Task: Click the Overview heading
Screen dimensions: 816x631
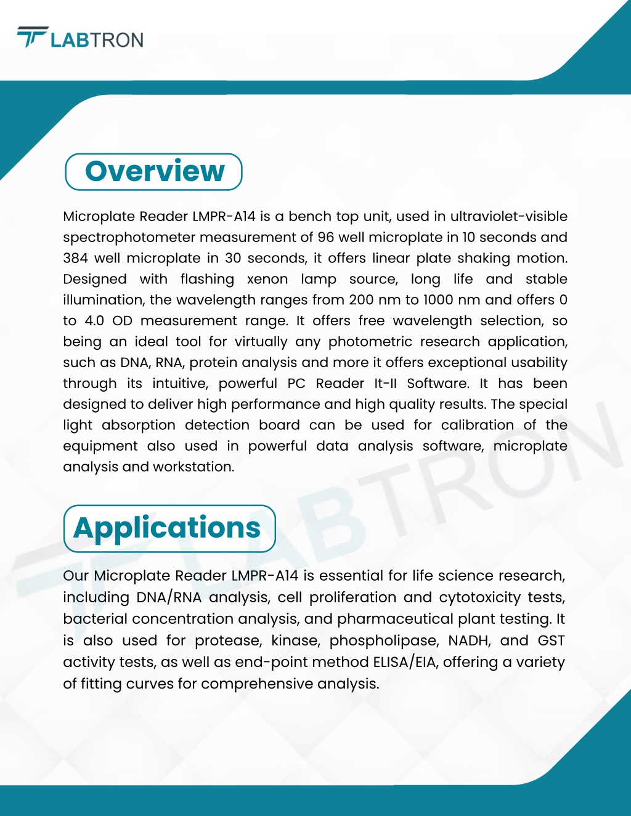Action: click(154, 171)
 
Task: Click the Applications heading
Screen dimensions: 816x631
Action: click(167, 528)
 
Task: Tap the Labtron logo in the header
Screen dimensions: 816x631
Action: click(80, 39)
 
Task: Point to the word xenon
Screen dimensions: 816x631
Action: click(267, 280)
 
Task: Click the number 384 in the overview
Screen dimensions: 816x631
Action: click(76, 259)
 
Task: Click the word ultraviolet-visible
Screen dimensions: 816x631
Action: click(508, 217)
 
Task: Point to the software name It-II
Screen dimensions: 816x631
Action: click(386, 384)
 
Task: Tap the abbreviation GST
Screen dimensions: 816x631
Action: click(551, 641)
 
